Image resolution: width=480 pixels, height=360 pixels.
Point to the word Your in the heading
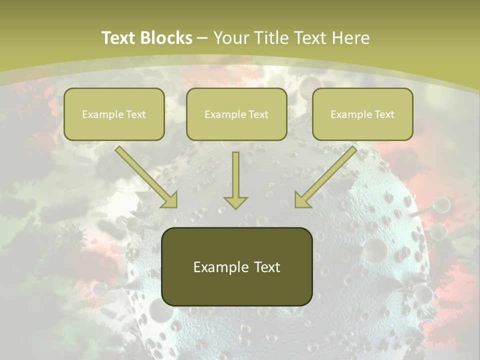tap(231, 38)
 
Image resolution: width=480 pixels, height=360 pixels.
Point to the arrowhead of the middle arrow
tap(235, 202)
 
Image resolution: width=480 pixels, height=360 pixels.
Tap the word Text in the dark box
tap(267, 267)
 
